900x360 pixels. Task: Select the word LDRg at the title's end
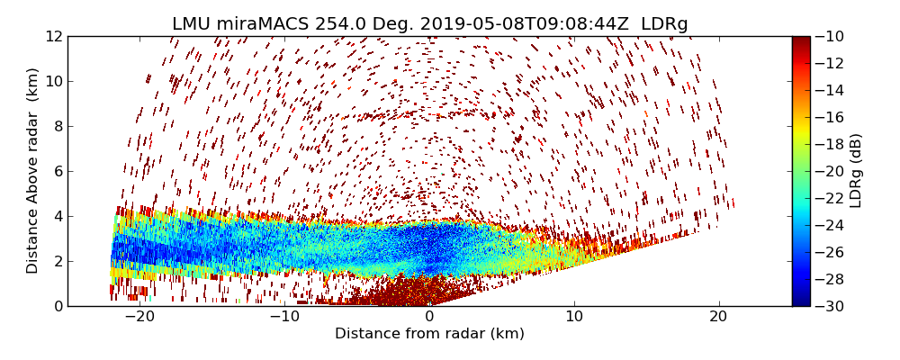coord(664,24)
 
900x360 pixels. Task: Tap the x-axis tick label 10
coord(574,318)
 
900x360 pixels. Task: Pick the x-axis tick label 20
coord(718,318)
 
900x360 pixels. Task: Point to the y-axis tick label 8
coord(58,126)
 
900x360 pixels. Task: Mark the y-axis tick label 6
coord(58,171)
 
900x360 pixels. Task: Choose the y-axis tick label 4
coord(58,216)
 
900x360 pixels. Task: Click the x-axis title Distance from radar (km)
coord(429,334)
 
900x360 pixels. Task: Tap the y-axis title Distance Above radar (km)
coord(33,170)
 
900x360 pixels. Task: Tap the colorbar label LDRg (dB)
coord(856,170)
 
